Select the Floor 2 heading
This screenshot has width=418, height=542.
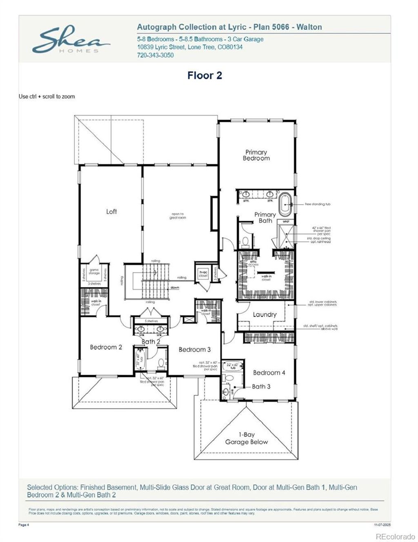click(x=205, y=76)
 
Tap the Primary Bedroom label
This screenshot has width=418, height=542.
click(x=256, y=155)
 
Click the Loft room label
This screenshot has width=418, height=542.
click(x=111, y=211)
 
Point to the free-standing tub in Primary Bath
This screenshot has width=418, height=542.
click(x=285, y=203)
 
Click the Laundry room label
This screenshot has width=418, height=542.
click(x=265, y=314)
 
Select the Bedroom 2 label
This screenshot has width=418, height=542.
click(x=106, y=347)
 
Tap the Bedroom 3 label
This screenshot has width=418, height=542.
click(x=195, y=349)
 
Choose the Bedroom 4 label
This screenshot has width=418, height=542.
click(x=269, y=372)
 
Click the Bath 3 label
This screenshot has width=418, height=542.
click(x=261, y=386)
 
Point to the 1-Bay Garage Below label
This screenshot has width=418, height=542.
click(x=247, y=438)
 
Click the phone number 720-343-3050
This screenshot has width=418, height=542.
click(x=155, y=55)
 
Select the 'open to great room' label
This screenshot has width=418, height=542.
click(x=178, y=216)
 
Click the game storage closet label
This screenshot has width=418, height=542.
click(x=94, y=271)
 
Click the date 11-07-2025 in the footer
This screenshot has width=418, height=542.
click(x=382, y=525)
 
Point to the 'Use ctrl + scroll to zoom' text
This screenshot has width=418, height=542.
click(x=47, y=97)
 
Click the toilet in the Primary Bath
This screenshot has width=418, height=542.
click(x=245, y=242)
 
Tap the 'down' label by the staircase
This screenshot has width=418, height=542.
click(x=175, y=287)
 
